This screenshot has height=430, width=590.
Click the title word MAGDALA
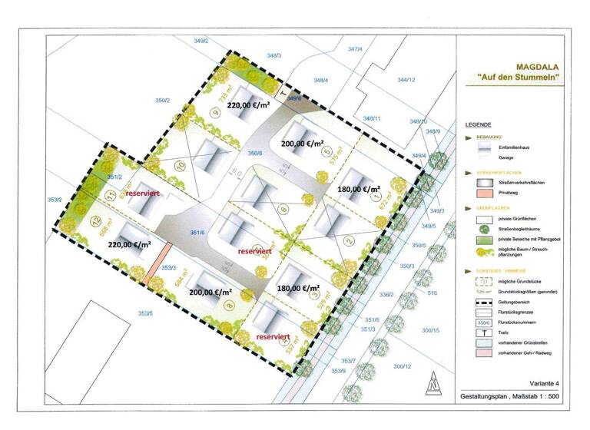pos(531,65)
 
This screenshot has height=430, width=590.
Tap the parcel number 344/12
pos(406,80)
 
